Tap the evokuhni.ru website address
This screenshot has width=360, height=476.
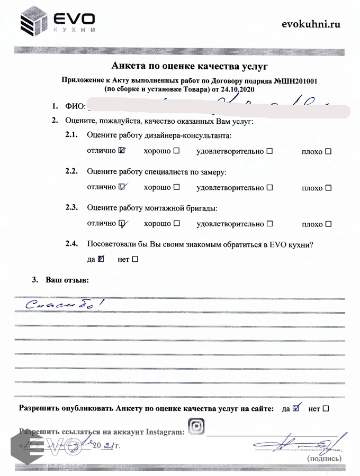[x=311, y=23]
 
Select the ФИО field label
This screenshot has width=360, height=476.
[x=75, y=106]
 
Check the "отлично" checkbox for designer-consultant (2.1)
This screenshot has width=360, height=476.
[x=122, y=151]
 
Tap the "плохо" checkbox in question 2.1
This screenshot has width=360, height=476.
[x=328, y=152]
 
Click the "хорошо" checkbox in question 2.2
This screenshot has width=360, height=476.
[x=176, y=187]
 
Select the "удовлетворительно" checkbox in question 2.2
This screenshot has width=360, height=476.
[x=269, y=187]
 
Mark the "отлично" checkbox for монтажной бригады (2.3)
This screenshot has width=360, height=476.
[x=122, y=223]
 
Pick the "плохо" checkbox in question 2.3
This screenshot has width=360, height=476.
[x=328, y=224]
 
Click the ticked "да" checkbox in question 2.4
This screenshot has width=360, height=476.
[x=101, y=259]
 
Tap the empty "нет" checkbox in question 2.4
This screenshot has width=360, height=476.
[x=134, y=259]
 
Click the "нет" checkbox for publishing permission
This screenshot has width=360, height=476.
[x=326, y=408]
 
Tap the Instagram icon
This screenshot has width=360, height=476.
[x=196, y=426]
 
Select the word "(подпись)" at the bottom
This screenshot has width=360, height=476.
[x=320, y=459]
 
